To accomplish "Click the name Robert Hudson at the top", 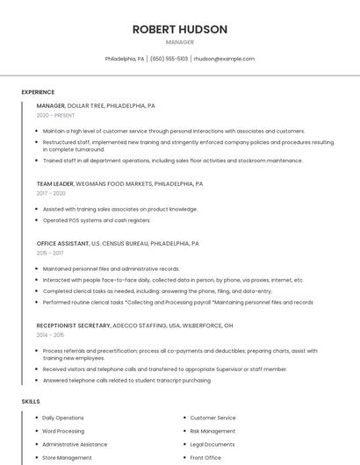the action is click(180, 29).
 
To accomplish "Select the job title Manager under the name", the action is click(180, 42).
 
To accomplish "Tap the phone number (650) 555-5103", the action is click(169, 59).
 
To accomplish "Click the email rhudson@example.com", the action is click(224, 59).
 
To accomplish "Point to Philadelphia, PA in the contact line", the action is click(125, 59).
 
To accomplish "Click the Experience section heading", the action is click(38, 92).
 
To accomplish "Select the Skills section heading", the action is click(30, 401).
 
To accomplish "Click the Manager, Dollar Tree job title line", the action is click(96, 105).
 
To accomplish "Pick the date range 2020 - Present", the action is click(55, 115).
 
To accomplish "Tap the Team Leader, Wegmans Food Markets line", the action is click(119, 184).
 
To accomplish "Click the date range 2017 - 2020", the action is click(51, 193).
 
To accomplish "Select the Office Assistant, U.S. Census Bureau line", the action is click(118, 243).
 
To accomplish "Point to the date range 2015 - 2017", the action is click(50, 253).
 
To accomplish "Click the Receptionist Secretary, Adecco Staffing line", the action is click(134, 325).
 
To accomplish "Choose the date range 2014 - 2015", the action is click(50, 335).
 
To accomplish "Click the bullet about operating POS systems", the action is click(97, 220).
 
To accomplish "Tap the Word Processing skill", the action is click(63, 431).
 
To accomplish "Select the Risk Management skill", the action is click(212, 431).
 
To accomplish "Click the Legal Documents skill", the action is click(212, 444).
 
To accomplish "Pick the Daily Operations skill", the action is click(63, 418).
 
